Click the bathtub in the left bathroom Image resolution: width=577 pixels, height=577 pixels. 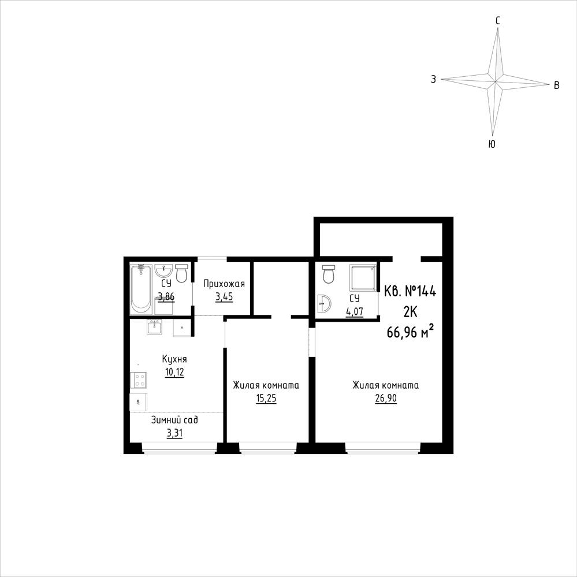pyautogui.click(x=141, y=289)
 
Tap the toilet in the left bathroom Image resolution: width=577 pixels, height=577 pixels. pyautogui.click(x=181, y=273)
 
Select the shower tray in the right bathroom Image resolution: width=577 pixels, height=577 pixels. pyautogui.click(x=363, y=278)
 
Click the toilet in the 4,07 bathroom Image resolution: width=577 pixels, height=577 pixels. pyautogui.click(x=327, y=274)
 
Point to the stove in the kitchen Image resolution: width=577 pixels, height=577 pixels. pyautogui.click(x=139, y=380)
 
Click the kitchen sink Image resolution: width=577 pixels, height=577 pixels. pyautogui.click(x=155, y=327)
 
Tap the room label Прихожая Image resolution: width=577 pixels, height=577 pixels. pyautogui.click(x=224, y=284)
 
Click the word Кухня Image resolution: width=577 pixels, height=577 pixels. pyautogui.click(x=174, y=359)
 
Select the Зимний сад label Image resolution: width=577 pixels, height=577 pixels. pyautogui.click(x=174, y=420)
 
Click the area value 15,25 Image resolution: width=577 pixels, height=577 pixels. pyautogui.click(x=266, y=398)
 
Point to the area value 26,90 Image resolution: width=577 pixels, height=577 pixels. pyautogui.click(x=386, y=398)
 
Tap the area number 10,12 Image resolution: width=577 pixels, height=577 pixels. pyautogui.click(x=174, y=372)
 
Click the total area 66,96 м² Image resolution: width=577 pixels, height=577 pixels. pyautogui.click(x=410, y=332)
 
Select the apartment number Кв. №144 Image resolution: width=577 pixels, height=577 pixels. pyautogui.click(x=410, y=292)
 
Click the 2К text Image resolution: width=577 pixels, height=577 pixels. pyautogui.click(x=410, y=312)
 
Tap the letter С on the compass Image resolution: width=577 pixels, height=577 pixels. pyautogui.click(x=497, y=21)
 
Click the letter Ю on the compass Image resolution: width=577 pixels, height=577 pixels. pyautogui.click(x=492, y=144)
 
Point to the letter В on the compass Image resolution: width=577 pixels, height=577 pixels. pyautogui.click(x=557, y=85)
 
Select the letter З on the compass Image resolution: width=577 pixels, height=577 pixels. pyautogui.click(x=434, y=79)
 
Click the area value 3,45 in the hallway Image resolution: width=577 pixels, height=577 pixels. pyautogui.click(x=224, y=297)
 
